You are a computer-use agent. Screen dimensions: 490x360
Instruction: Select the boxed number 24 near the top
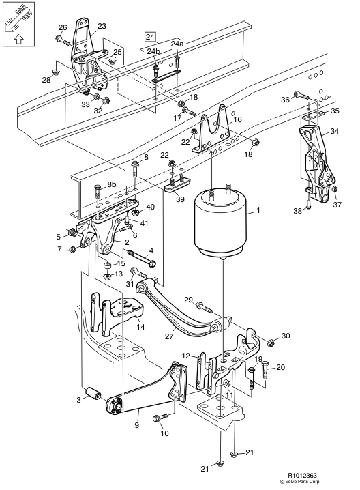pyautogui.click(x=150, y=37)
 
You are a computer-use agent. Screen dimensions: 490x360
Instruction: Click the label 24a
pyautogui.click(x=177, y=44)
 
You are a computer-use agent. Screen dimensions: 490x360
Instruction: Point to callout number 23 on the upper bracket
pyautogui.click(x=102, y=27)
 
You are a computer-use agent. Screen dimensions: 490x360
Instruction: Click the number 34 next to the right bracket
pyautogui.click(x=334, y=131)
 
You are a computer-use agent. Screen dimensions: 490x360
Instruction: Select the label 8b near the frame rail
pyautogui.click(x=110, y=184)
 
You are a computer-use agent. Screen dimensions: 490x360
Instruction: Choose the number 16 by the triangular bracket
pyautogui.click(x=237, y=119)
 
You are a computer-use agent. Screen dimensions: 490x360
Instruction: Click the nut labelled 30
pyautogui.click(x=271, y=341)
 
